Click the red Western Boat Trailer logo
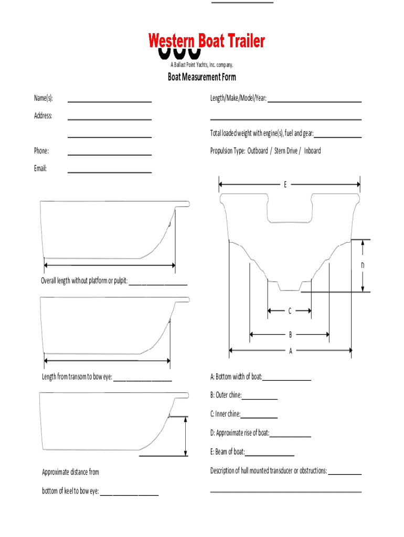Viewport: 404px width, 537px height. coord(206,42)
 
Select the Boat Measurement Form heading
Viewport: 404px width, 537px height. coord(202,77)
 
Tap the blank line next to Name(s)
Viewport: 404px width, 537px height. coord(110,100)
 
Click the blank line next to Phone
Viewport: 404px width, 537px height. coord(110,153)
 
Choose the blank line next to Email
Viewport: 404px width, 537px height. coord(110,170)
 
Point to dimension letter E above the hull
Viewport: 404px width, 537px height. coord(285,185)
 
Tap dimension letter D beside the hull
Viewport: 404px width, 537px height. coord(362,266)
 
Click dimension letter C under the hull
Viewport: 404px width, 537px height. coord(289,311)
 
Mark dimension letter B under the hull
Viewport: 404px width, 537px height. coord(290,334)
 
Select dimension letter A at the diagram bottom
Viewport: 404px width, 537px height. coord(290,351)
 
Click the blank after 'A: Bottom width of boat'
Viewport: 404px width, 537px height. coord(287,378)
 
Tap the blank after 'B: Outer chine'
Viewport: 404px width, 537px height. coord(260,397)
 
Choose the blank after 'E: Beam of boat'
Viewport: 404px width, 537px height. coord(270,454)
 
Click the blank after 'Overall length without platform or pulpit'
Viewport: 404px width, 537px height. coord(158,282)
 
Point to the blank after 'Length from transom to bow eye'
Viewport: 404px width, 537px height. coord(143,379)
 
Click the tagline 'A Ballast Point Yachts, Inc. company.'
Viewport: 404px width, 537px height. coord(202,65)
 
